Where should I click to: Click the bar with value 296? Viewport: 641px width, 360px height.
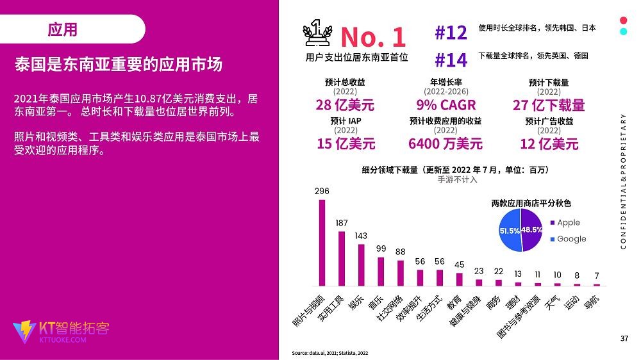click(322, 243)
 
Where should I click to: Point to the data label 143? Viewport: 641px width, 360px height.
click(361, 236)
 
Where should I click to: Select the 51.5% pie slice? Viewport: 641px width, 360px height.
click(510, 230)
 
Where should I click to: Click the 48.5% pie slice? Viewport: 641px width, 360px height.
click(532, 230)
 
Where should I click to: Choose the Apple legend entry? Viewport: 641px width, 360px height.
click(568, 223)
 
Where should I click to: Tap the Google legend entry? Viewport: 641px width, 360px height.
click(571, 239)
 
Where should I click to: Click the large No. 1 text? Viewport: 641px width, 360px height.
click(372, 37)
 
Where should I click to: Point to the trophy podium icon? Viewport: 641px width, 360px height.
click(316, 33)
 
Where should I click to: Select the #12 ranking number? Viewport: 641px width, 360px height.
click(451, 33)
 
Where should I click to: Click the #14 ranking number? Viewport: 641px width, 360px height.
click(451, 60)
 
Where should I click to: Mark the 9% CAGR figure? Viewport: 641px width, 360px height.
click(445, 105)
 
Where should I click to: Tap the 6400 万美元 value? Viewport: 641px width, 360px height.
click(445, 143)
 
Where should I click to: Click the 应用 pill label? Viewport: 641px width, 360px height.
click(63, 29)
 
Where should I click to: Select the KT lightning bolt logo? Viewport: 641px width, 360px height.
click(25, 331)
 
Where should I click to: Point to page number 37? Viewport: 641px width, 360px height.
click(624, 338)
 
